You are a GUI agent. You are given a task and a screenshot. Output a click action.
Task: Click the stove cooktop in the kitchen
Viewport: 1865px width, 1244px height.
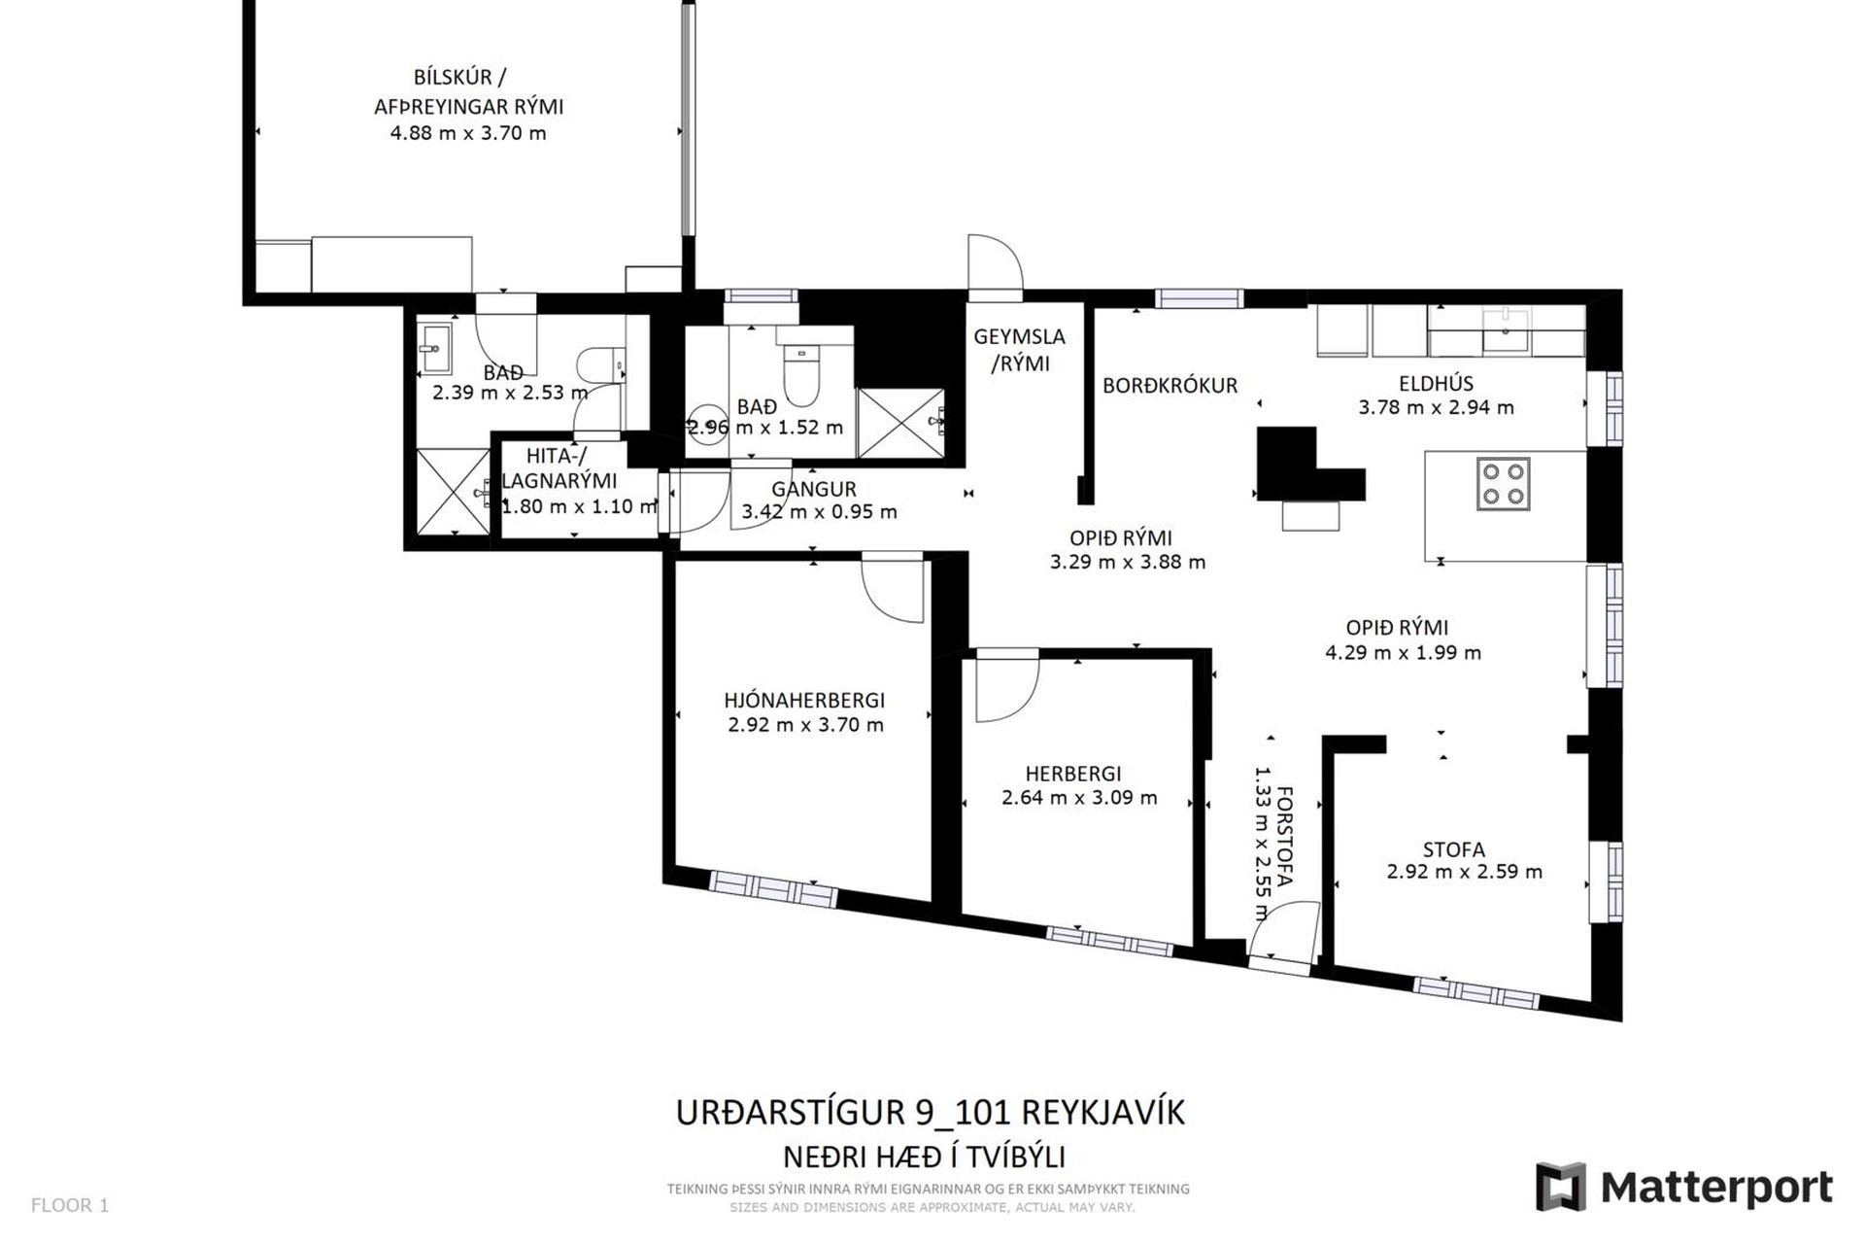1504,483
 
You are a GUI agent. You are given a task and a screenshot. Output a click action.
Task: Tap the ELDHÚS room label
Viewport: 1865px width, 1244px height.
1436,383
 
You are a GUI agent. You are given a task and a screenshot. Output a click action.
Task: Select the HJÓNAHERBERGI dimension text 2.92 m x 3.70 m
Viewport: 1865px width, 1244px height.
805,724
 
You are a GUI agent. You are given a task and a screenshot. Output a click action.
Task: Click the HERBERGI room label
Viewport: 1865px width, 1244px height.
1072,774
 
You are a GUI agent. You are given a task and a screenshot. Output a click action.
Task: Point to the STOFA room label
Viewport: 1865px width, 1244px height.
1453,849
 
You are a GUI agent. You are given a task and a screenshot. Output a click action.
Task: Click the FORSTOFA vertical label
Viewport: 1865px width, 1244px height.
1284,836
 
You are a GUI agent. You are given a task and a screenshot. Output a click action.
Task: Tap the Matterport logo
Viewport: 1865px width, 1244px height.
1683,1187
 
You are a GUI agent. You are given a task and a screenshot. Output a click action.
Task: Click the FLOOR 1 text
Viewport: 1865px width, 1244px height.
70,1205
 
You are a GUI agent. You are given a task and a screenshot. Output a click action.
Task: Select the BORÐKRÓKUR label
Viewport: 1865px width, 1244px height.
1170,385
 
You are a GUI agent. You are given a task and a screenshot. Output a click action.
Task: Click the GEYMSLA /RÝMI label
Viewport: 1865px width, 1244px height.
1019,350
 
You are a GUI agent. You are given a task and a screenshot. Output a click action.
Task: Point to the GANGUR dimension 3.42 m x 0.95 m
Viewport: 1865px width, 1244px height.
819,511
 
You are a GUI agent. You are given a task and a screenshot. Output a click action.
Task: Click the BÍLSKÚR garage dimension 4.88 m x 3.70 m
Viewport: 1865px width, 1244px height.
468,133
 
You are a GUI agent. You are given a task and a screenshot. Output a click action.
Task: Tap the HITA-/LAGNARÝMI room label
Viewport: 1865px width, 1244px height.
559,467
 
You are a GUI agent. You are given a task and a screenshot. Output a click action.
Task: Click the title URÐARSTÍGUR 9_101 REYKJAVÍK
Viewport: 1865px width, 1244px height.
930,1112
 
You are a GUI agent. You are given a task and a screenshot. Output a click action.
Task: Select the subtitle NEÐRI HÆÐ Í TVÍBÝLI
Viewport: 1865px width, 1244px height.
924,1157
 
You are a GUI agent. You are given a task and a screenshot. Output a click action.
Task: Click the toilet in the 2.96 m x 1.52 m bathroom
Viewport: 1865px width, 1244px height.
802,376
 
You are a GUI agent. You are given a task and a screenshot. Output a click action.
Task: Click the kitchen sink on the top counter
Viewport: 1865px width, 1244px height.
1506,322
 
